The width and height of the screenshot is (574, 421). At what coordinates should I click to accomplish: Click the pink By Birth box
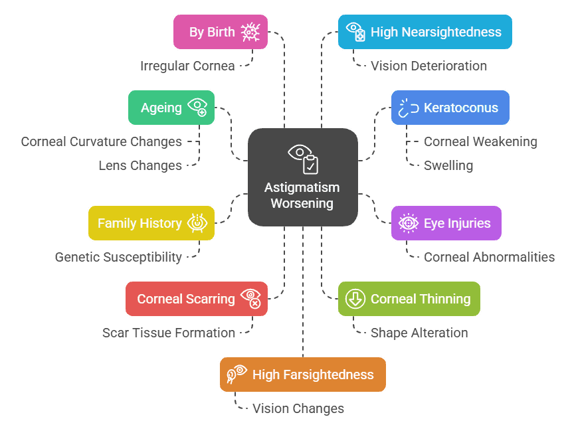click(x=220, y=32)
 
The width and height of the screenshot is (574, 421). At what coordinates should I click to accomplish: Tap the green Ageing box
click(x=171, y=108)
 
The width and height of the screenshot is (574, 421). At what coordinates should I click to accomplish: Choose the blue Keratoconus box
click(x=450, y=108)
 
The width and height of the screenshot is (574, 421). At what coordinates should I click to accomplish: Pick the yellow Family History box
click(x=151, y=223)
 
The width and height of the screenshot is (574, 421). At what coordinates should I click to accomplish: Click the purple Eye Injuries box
click(x=446, y=223)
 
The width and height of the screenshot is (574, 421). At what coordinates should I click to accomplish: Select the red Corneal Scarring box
click(x=196, y=299)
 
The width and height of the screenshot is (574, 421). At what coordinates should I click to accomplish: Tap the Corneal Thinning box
click(x=409, y=299)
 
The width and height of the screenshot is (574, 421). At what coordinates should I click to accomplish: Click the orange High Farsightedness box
click(x=302, y=375)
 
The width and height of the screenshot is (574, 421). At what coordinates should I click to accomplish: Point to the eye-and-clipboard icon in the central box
click(x=303, y=158)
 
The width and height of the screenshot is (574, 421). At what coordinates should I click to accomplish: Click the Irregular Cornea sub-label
click(x=187, y=66)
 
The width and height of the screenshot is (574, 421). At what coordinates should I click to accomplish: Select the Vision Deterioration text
click(x=429, y=66)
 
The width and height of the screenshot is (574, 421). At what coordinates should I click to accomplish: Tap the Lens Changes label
click(x=140, y=165)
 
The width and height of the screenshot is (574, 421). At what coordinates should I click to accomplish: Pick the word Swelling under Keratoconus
click(x=448, y=165)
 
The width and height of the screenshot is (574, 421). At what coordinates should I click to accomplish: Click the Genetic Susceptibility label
click(x=118, y=257)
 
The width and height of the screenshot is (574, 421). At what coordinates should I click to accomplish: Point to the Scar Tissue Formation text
click(x=169, y=333)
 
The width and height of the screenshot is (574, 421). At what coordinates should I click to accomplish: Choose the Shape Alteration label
click(x=419, y=333)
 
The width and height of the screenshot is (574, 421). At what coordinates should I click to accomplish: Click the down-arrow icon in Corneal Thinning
click(x=355, y=299)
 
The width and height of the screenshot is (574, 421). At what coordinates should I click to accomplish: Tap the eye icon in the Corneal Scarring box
click(x=250, y=298)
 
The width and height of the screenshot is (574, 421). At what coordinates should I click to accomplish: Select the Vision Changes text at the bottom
click(x=298, y=408)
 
